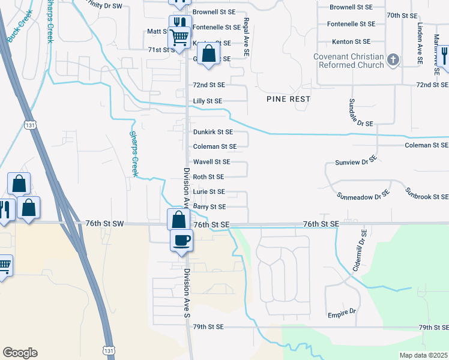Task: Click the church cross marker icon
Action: tap(393, 59)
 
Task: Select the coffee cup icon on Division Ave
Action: tap(181, 241)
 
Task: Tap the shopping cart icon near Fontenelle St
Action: tap(180, 38)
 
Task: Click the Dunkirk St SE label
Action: tap(212, 131)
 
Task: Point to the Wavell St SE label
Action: tap(211, 162)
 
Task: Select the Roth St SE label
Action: tap(208, 177)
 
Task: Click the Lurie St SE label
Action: tap(209, 192)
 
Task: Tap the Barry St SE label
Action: tap(209, 207)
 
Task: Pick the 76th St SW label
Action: tap(106, 224)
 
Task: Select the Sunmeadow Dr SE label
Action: tap(364, 196)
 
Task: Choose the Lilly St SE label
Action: tap(208, 101)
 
